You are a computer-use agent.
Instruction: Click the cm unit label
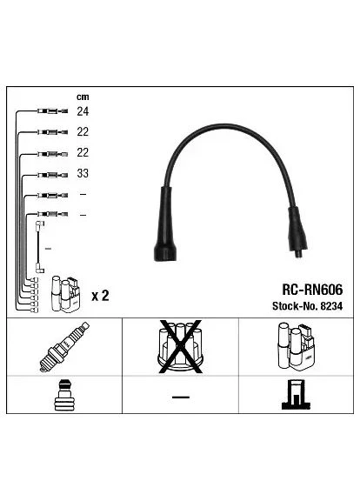click(x=83, y=97)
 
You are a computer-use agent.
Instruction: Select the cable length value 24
click(x=83, y=111)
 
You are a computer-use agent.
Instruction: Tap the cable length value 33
click(x=83, y=173)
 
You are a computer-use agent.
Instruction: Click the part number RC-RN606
click(x=312, y=290)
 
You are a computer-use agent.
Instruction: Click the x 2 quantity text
click(x=100, y=296)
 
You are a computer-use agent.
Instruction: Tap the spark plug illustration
click(x=64, y=347)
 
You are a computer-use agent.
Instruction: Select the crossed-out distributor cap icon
click(x=181, y=346)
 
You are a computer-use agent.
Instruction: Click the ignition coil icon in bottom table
click(x=296, y=346)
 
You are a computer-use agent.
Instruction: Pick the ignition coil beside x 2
click(x=66, y=294)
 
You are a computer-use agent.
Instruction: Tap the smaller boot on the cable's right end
click(x=297, y=229)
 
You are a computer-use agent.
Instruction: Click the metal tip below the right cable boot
click(x=298, y=254)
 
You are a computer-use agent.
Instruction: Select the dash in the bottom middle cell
click(x=181, y=397)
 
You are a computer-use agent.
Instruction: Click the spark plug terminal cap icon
click(x=66, y=395)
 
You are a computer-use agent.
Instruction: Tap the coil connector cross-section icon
click(x=296, y=395)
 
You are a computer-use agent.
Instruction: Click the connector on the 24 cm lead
click(x=52, y=111)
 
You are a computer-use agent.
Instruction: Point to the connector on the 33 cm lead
click(x=52, y=175)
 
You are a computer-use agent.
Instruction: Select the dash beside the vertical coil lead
click(x=48, y=249)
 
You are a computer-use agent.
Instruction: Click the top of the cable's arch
click(x=225, y=125)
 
